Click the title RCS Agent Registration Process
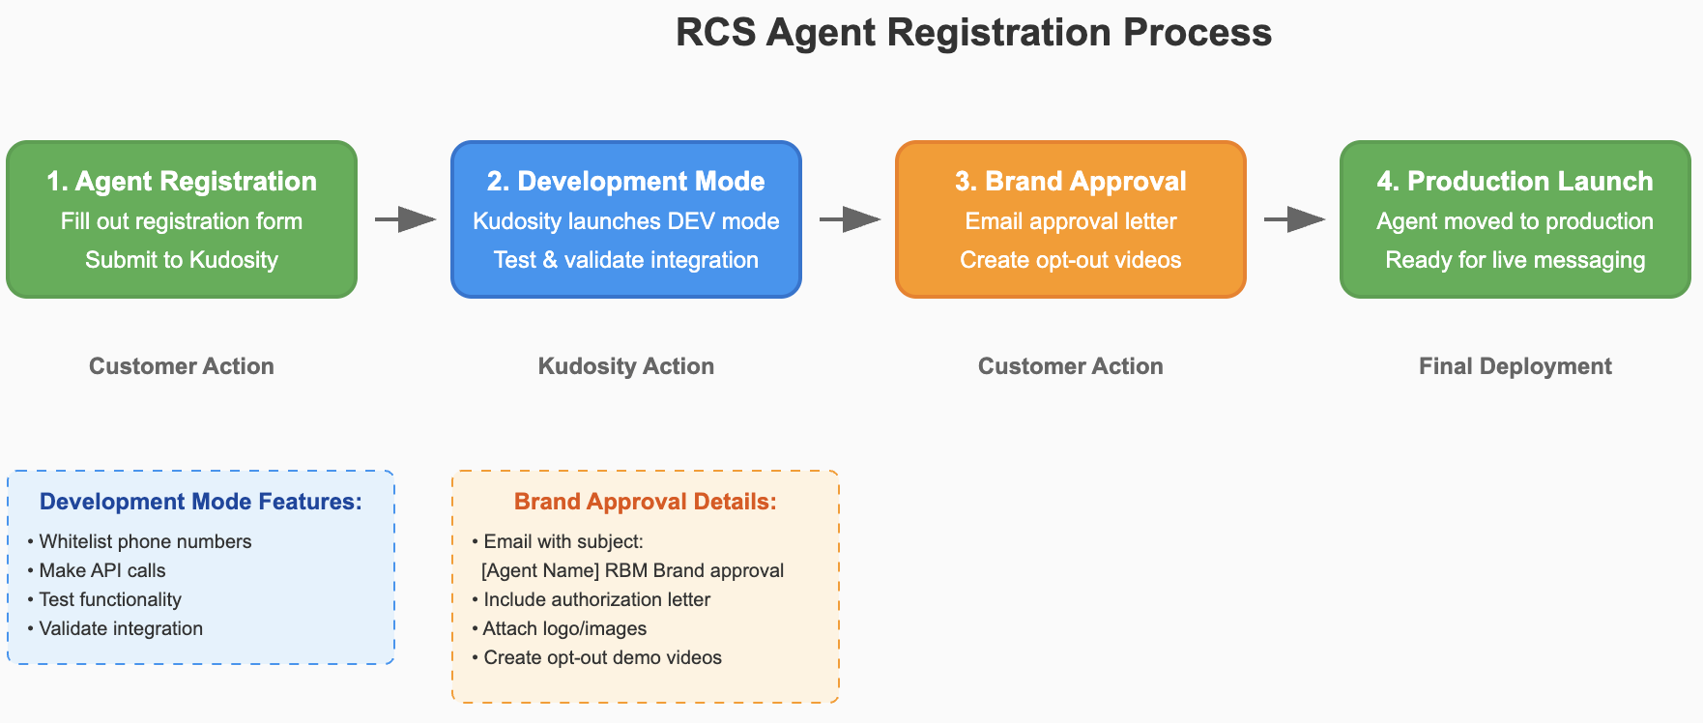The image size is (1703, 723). pyautogui.click(x=973, y=33)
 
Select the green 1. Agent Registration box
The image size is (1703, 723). pyautogui.click(x=182, y=219)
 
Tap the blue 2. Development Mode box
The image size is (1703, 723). pyautogui.click(x=626, y=219)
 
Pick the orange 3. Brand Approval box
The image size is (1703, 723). pyautogui.click(x=1071, y=219)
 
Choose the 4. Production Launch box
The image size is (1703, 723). pyautogui.click(x=1515, y=219)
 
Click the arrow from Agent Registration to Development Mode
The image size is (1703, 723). pyautogui.click(x=405, y=220)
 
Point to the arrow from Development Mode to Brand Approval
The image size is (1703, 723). pyautogui.click(x=850, y=220)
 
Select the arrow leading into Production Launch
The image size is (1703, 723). pyautogui.click(x=1294, y=220)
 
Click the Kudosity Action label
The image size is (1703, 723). pyautogui.click(x=626, y=366)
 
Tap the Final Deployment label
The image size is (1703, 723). pyautogui.click(x=1515, y=366)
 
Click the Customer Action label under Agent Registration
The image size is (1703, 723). pyautogui.click(x=182, y=366)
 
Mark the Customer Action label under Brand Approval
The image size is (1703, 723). pyautogui.click(x=1071, y=366)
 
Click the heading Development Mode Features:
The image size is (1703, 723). pyautogui.click(x=201, y=502)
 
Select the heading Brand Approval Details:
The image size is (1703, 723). pyautogui.click(x=646, y=502)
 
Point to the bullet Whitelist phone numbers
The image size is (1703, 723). pyautogui.click(x=139, y=541)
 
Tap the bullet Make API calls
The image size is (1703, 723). pyautogui.click(x=97, y=570)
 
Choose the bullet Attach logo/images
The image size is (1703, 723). pyautogui.click(x=560, y=628)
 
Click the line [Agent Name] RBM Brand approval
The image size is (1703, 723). pyautogui.click(x=633, y=570)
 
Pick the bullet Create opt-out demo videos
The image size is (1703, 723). pyautogui.click(x=597, y=657)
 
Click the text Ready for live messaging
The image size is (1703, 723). pyautogui.click(x=1515, y=260)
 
